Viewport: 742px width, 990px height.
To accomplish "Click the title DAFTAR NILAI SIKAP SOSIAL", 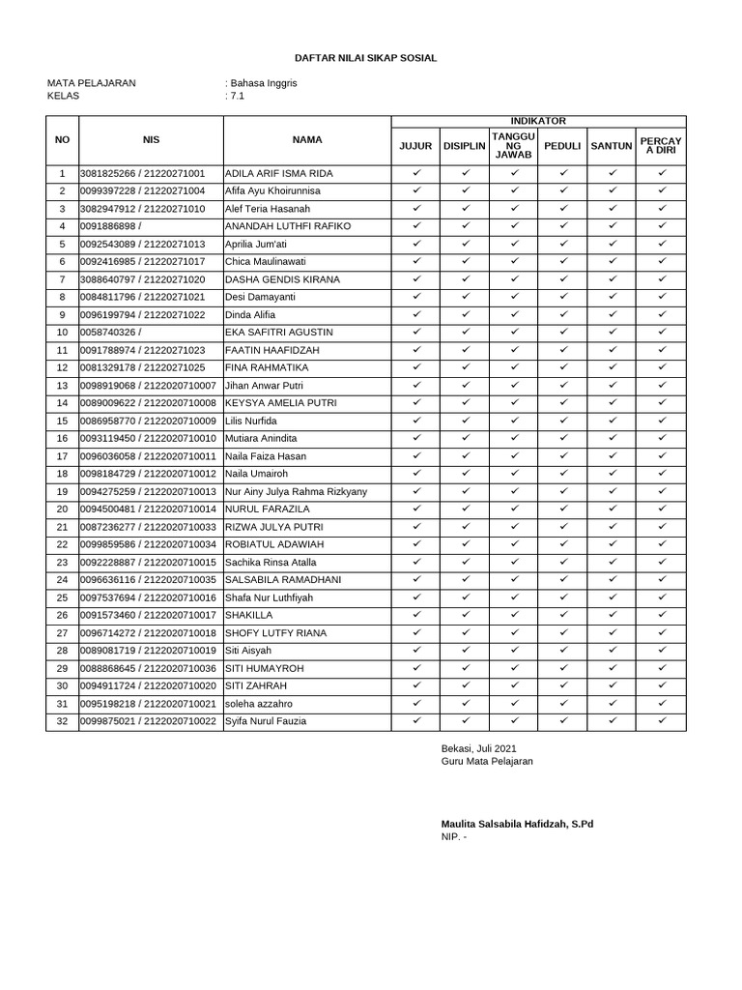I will pyautogui.click(x=365, y=58).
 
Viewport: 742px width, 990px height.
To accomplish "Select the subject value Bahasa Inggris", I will pyautogui.click(x=263, y=83).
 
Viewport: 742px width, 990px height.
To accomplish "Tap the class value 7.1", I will pyautogui.click(x=237, y=96).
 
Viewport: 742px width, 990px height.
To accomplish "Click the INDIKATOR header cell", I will pyautogui.click(x=538, y=121).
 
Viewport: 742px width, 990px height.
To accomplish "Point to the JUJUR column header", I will pyautogui.click(x=415, y=146).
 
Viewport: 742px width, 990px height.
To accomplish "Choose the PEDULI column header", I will pyautogui.click(x=562, y=146).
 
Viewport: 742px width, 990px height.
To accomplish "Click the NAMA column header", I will pyautogui.click(x=307, y=140).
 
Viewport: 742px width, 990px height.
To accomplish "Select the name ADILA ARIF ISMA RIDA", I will pyautogui.click(x=279, y=173).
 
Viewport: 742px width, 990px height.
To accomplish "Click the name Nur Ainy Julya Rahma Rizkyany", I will pyautogui.click(x=296, y=492).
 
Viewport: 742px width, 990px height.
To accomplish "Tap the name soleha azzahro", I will pyautogui.click(x=258, y=703).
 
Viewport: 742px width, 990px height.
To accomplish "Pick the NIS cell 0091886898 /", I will pyautogui.click(x=117, y=226).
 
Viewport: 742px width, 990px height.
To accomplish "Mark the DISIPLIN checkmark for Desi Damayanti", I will pyautogui.click(x=465, y=297).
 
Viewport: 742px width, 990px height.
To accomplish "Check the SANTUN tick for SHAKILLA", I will pyautogui.click(x=612, y=615).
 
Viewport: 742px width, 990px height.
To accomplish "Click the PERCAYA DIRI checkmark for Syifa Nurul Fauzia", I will pyautogui.click(x=662, y=720).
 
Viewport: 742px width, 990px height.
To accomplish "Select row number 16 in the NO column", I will pyautogui.click(x=63, y=439).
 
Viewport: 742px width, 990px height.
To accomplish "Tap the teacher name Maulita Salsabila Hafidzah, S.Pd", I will pyautogui.click(x=518, y=824).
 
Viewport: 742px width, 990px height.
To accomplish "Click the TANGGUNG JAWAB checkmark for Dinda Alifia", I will pyautogui.click(x=514, y=314).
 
